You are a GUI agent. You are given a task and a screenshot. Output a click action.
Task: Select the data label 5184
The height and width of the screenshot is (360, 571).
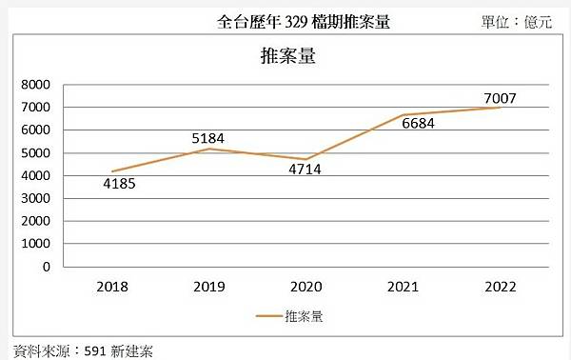pos(207,139)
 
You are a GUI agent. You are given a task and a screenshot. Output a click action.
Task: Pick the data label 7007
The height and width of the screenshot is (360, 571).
pos(499,98)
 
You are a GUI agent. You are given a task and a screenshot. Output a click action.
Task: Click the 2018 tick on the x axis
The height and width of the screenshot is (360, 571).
pos(113,285)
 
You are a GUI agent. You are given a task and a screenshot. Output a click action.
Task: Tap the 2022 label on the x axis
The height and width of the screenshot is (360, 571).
pos(501,285)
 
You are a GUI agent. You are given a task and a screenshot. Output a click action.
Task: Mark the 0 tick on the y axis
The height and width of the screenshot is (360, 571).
pos(45,267)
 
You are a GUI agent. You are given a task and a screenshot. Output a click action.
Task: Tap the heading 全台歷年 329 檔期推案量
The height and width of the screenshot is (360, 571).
pos(304,21)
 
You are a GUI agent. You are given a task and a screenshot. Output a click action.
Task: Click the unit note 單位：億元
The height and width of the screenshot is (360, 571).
pos(518,21)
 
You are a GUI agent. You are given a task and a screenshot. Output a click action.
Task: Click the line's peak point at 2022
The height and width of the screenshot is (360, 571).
pos(501,108)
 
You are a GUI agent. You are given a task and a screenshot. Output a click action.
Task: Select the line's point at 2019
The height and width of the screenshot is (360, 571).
pos(210,149)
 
